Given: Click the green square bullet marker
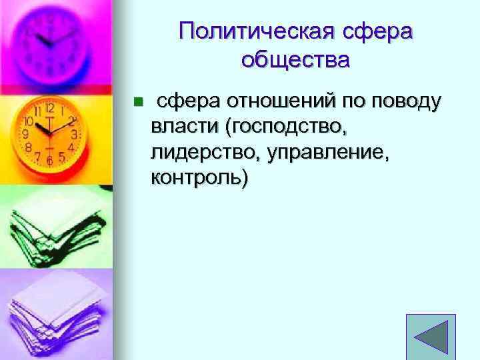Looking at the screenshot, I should pos(137,102).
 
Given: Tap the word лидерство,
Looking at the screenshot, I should pos(205,152).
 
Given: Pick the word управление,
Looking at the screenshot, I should pos(327,152).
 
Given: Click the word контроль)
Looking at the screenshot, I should pos(199,177).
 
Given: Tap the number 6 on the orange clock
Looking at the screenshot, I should pos(49,160).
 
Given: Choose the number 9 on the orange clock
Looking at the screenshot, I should pos(25,133).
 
